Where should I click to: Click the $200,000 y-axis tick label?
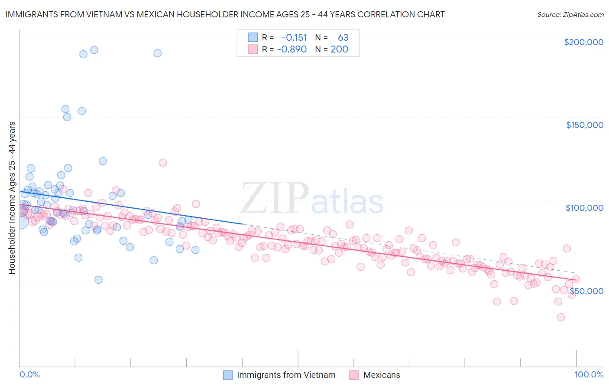pyautogui.click(x=583, y=42)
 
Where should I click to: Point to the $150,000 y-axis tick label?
pyautogui.click(x=584, y=125)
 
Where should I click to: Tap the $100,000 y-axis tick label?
pyautogui.click(x=584, y=208)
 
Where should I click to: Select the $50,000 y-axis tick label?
pyautogui.click(x=586, y=291)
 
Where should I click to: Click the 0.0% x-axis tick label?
pyautogui.click(x=29, y=374)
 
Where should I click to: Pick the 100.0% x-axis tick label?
pyautogui.click(x=589, y=374)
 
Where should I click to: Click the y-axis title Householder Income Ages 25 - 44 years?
pyautogui.click(x=12, y=197)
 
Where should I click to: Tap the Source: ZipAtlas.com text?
pyautogui.click(x=570, y=15)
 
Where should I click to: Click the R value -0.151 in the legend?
pyautogui.click(x=294, y=38)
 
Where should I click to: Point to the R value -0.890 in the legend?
pyautogui.click(x=292, y=49)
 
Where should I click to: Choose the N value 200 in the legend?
pyautogui.click(x=340, y=49)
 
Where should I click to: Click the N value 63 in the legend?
pyautogui.click(x=343, y=38)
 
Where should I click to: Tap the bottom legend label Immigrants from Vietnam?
pyautogui.click(x=286, y=375)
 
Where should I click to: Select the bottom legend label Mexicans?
pyautogui.click(x=382, y=375)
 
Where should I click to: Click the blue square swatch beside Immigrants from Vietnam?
pyautogui.click(x=228, y=375)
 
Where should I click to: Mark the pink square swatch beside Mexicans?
pyautogui.click(x=354, y=375)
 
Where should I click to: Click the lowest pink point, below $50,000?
pyautogui.click(x=560, y=317)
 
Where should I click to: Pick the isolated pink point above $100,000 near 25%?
pyautogui.click(x=163, y=163)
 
